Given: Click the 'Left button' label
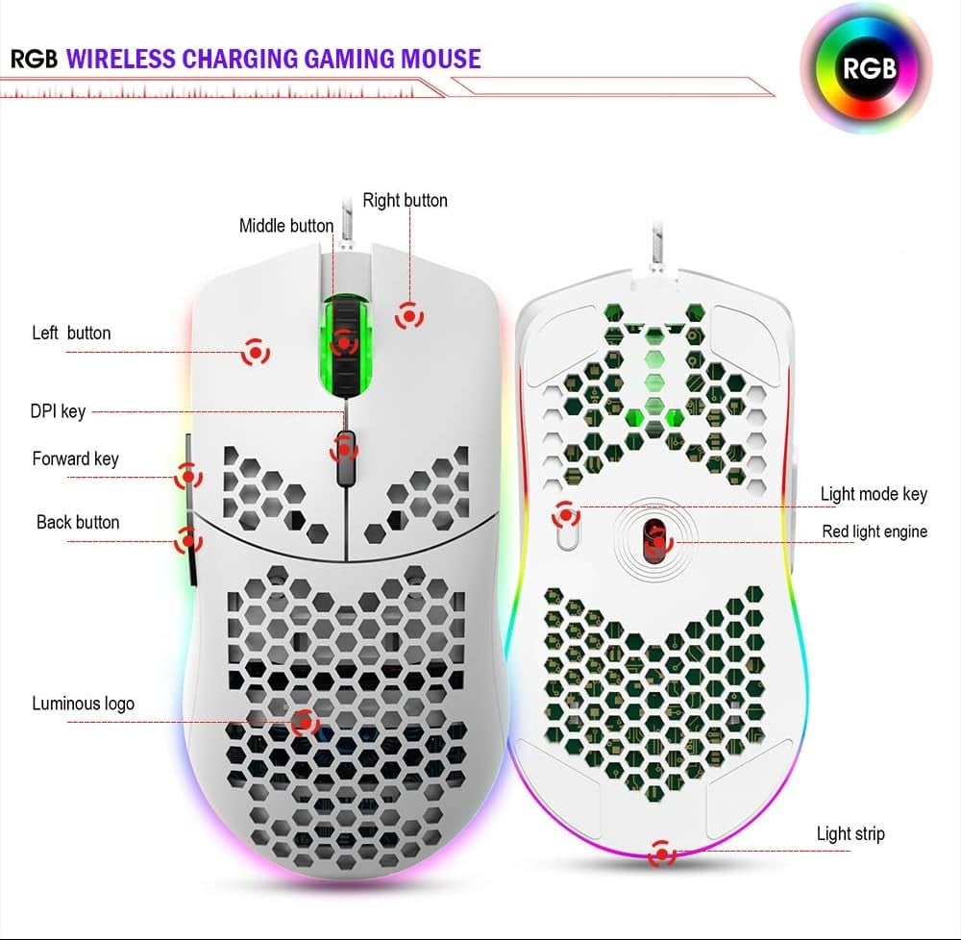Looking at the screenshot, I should coord(71,334).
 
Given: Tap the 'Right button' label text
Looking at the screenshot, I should coord(405,201).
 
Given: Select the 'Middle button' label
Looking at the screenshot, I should coord(286,226).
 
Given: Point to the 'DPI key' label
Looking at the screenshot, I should coord(58,411).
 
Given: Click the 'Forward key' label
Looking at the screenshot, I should coord(75,458).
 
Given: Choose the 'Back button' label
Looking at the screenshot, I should coord(78,522).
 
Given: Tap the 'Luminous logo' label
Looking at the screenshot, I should coord(83,704).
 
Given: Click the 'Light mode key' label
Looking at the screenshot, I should coord(874,494).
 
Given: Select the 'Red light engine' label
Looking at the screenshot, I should coord(875,532).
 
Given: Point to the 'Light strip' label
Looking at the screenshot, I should coord(850,833).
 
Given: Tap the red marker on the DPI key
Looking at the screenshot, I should coord(344,448).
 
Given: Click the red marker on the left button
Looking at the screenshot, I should coord(255,353).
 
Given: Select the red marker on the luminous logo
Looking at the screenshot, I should coord(306,721).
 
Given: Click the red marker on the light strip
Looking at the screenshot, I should coord(661,853).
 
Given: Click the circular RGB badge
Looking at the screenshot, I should coord(869,68).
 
